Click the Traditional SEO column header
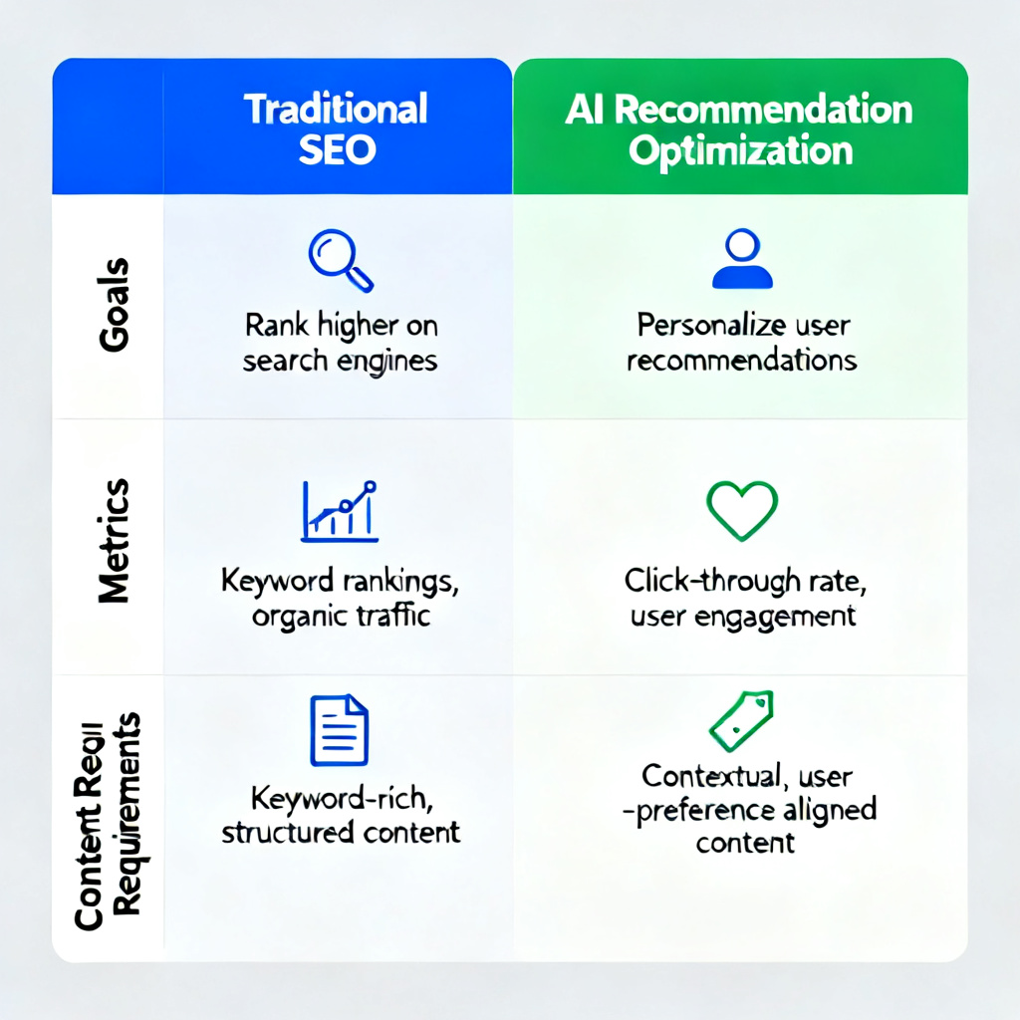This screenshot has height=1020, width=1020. pyautogui.click(x=337, y=128)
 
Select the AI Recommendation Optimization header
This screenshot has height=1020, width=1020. pyautogui.click(x=739, y=128)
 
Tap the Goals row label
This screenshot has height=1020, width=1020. pyautogui.click(x=113, y=305)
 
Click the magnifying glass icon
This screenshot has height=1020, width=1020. pyautogui.click(x=340, y=258)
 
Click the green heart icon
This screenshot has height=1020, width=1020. pyautogui.click(x=741, y=510)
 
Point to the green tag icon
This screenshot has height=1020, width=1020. pyautogui.click(x=741, y=720)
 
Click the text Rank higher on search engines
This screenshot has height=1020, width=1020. pyautogui.click(x=340, y=342)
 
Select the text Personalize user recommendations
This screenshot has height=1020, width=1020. pyautogui.click(x=742, y=342)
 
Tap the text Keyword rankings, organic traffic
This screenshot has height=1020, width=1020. pyautogui.click(x=340, y=598)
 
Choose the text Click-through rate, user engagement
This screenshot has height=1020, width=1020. pyautogui.click(x=742, y=598)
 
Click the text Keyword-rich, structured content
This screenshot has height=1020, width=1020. pyautogui.click(x=340, y=814)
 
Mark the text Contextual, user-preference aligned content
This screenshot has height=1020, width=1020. pyautogui.click(x=745, y=808)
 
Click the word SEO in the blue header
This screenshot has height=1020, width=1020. pyautogui.click(x=338, y=149)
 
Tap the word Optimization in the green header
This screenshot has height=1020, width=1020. pyautogui.click(x=742, y=150)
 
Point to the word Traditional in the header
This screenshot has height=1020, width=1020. pyautogui.click(x=337, y=108)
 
